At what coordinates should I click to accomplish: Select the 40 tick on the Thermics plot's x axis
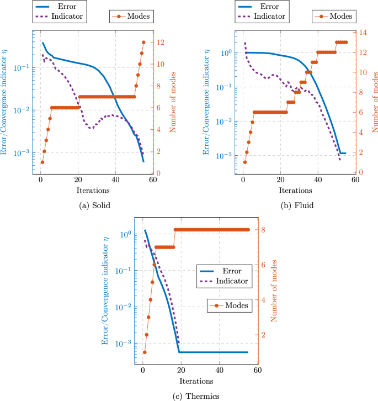pyautogui.click(x=219, y=372)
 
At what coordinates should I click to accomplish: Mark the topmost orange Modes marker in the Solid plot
pyautogui.click(x=143, y=42)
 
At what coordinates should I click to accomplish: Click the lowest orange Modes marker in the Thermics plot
pyautogui.click(x=145, y=352)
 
